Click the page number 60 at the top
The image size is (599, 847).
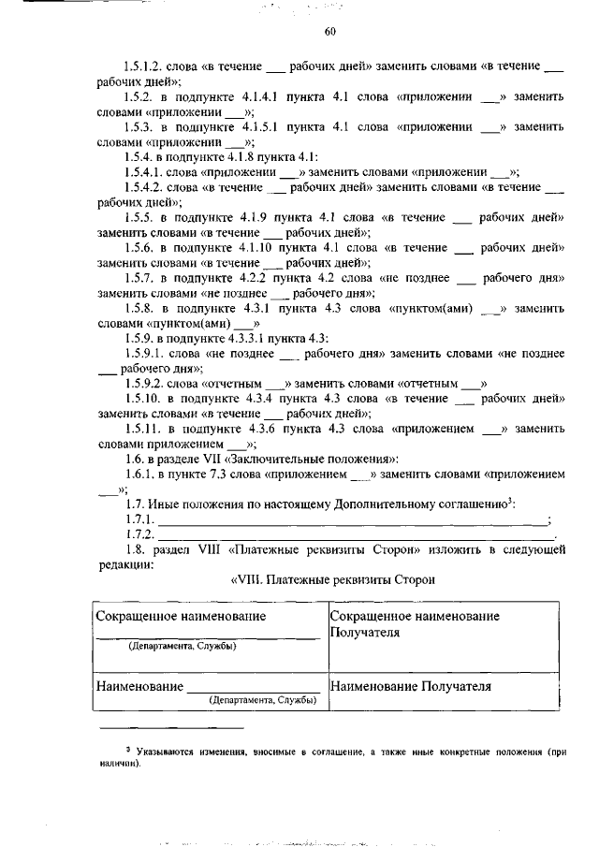(x=329, y=33)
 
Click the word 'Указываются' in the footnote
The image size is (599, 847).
(x=168, y=751)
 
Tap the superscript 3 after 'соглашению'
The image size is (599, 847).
(x=509, y=502)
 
